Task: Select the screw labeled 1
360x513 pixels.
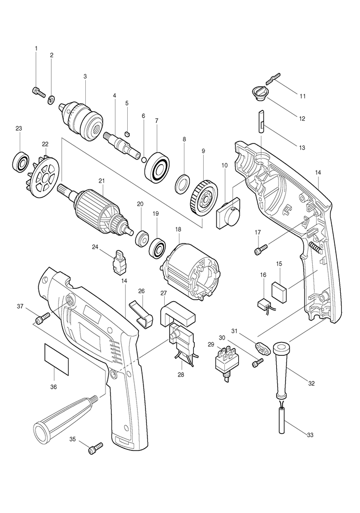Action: point(38,92)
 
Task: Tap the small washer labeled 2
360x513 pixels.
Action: point(51,99)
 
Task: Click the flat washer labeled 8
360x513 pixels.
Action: point(181,183)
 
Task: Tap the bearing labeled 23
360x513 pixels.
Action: point(20,162)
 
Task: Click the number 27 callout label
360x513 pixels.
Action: point(163,293)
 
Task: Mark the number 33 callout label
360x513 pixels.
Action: point(310,435)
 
